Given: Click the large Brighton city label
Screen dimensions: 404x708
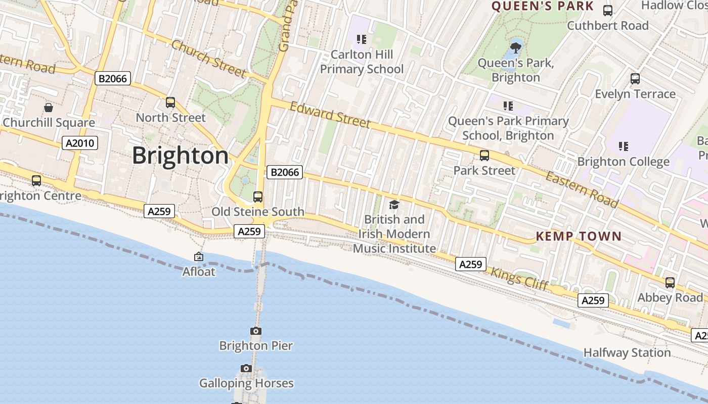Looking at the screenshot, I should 180,156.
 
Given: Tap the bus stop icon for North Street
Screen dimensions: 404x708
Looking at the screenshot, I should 170,103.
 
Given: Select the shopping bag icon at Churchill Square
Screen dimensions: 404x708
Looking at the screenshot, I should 49,108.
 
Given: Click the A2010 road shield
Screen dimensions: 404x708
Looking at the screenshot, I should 80,143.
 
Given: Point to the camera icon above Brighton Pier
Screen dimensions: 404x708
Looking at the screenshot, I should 256,331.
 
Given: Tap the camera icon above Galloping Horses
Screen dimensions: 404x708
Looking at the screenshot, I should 246,368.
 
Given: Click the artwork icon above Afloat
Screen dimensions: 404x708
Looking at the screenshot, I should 199,257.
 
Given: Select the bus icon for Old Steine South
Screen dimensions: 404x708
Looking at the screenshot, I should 258,197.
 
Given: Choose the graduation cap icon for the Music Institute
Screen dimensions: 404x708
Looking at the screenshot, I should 394,205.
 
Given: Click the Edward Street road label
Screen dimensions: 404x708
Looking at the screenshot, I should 330,115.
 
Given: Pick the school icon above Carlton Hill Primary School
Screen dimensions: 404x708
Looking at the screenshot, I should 361,39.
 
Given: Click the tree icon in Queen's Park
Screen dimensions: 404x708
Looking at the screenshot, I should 516,48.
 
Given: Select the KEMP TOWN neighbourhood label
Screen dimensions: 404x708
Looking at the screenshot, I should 579,236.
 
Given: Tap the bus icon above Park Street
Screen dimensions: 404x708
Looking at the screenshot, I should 484,156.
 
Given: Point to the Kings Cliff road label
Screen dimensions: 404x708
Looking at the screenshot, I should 520,278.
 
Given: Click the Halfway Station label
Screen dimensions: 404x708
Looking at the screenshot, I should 627,352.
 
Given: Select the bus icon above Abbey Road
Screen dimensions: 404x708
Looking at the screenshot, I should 670,283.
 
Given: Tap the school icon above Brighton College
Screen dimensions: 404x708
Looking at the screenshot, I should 624,146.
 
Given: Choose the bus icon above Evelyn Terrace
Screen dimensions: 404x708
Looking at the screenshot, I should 635,79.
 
